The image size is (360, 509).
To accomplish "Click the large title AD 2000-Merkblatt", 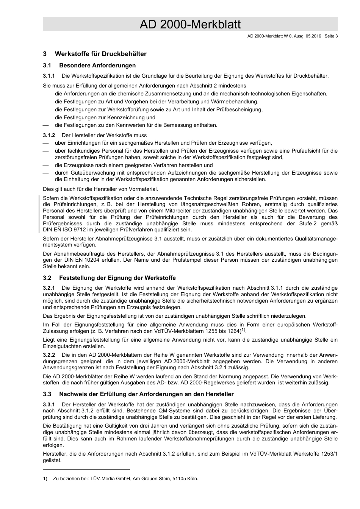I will pyautogui.click(x=190, y=25).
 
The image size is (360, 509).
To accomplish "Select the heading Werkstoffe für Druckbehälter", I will pyautogui.click(x=100, y=54).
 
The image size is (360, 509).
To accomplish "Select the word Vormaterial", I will pyautogui.click(x=143, y=189).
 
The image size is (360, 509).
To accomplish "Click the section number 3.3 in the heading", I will pyautogui.click(x=47, y=394).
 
